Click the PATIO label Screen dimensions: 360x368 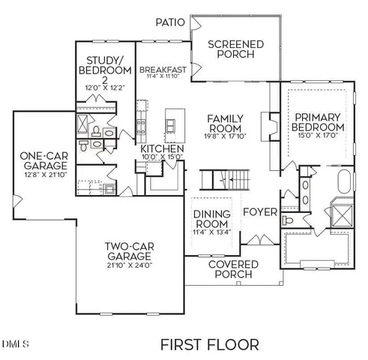click(x=169, y=22)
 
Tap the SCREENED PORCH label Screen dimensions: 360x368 click(x=235, y=50)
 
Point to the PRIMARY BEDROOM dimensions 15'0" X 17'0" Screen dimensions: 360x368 click(x=317, y=136)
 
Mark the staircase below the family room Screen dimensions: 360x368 click(x=224, y=180)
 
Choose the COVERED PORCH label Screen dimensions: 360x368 click(x=233, y=270)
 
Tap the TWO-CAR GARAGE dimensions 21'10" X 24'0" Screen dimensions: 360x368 click(x=128, y=265)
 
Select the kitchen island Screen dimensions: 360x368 click(x=173, y=120)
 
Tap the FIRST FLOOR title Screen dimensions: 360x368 click(x=210, y=344)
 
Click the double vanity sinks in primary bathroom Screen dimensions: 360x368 click(x=307, y=193)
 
